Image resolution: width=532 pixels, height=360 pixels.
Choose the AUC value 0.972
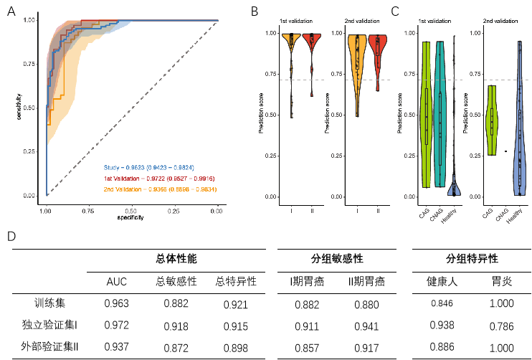[117, 326]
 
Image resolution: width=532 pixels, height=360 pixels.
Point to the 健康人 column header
[442, 282]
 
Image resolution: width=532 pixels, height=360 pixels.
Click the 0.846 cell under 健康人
[442, 304]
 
